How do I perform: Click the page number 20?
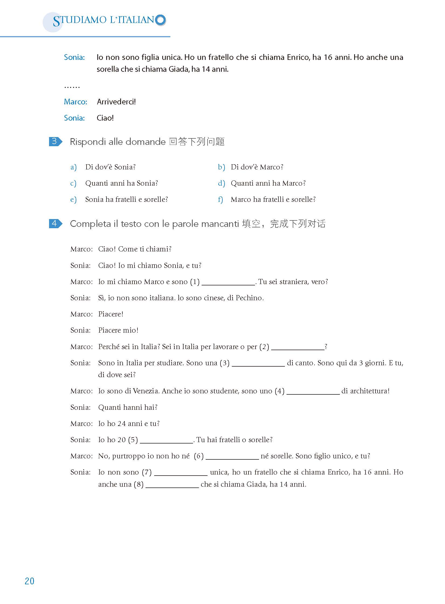29,581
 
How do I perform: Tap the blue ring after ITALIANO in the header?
161,20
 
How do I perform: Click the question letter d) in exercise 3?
221,183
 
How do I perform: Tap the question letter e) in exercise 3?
73,200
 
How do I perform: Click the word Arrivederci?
116,102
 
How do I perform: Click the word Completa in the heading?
90,224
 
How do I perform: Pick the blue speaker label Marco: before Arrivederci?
75,102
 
